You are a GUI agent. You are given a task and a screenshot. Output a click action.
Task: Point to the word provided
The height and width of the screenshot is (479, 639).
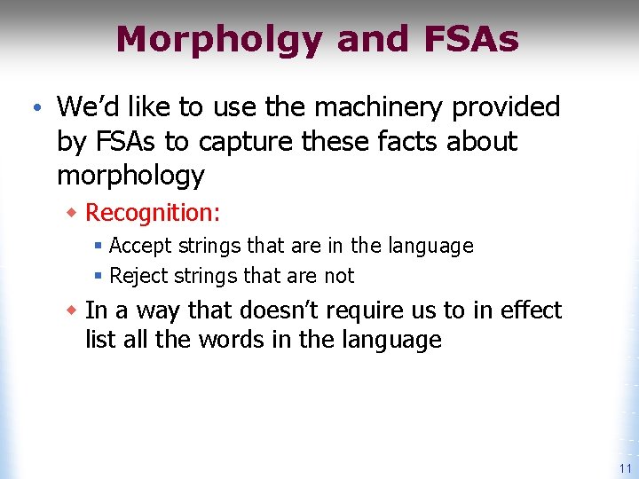pyautogui.click(x=506, y=107)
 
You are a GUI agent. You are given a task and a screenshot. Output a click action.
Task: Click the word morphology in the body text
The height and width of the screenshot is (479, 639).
pyautogui.click(x=130, y=176)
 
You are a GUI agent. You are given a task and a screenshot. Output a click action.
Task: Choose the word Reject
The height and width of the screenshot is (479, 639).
pyautogui.click(x=138, y=276)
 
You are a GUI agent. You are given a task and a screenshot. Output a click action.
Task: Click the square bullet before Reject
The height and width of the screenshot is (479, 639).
pyautogui.click(x=98, y=277)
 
